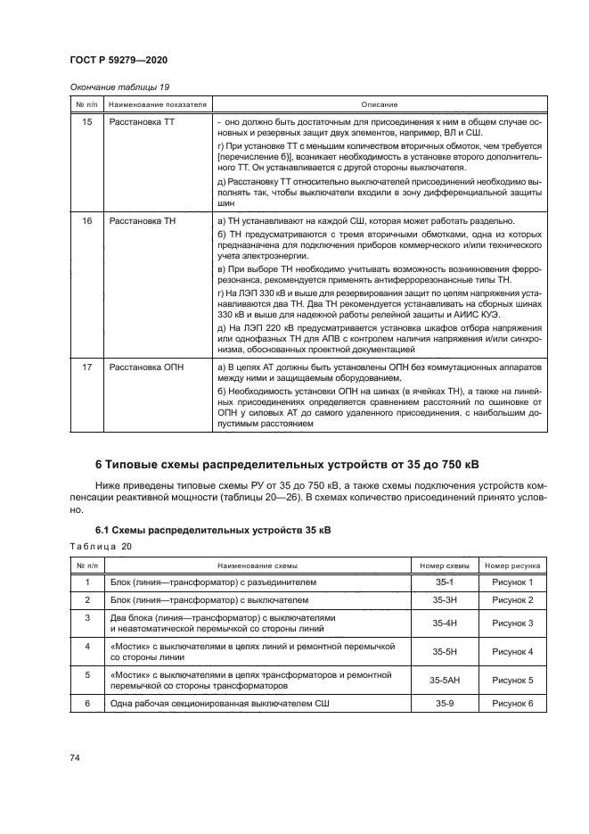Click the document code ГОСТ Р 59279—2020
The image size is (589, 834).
point(119,60)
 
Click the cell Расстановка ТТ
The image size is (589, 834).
point(136,120)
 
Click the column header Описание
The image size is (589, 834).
point(379,104)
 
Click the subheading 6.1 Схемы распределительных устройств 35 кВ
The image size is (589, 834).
point(213,530)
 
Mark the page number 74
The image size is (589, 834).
point(75,757)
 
